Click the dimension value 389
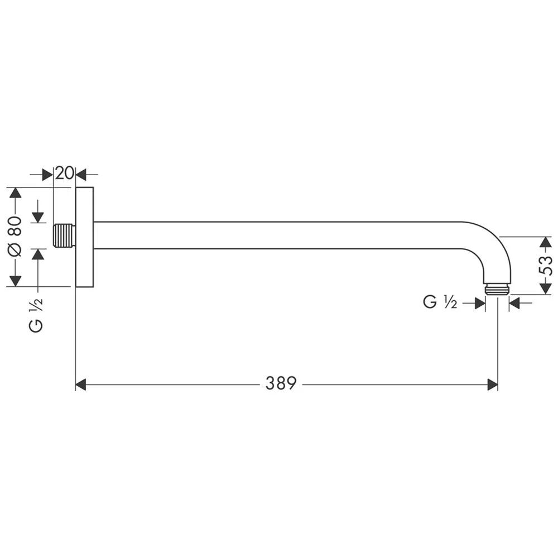click(281, 384)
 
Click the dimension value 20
click(65, 173)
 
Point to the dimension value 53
click(547, 266)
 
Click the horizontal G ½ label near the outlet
click(441, 302)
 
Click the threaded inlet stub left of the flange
click(65, 235)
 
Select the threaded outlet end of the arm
click(497, 288)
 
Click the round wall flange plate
click(84, 237)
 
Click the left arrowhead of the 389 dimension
click(81, 384)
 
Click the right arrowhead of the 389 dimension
click(492, 384)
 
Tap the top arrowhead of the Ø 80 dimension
click(15, 193)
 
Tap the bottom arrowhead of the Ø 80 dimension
click(15, 280)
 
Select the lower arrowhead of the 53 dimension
click(547, 288)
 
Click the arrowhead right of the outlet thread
click(514, 302)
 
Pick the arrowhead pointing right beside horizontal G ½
click(479, 302)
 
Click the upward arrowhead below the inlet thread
click(37, 254)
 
